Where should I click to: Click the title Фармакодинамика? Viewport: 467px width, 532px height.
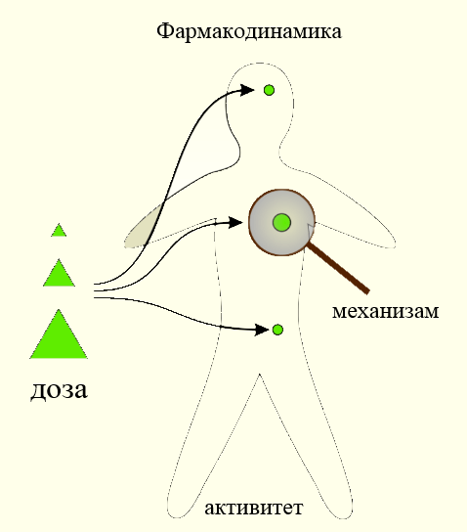(249, 32)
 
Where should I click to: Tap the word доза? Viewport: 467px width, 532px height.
(59, 390)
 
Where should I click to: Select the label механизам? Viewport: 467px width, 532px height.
(385, 311)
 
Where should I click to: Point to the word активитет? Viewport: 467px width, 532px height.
(253, 508)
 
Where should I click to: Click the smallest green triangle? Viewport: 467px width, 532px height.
(59, 231)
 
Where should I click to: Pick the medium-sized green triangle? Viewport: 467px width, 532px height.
(59, 274)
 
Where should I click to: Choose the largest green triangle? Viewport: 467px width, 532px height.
(59, 335)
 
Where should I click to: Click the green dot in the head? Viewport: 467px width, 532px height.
(269, 90)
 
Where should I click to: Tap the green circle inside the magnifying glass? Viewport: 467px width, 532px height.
(281, 223)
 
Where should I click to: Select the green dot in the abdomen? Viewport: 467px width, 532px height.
(277, 330)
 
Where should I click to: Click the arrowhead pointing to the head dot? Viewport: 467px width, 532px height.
(247, 90)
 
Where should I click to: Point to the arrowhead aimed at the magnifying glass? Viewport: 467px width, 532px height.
(235, 223)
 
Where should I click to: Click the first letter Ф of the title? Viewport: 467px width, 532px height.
(163, 31)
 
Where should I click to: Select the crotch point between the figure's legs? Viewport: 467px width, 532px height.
(260, 375)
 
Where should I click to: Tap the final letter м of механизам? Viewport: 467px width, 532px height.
(432, 311)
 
